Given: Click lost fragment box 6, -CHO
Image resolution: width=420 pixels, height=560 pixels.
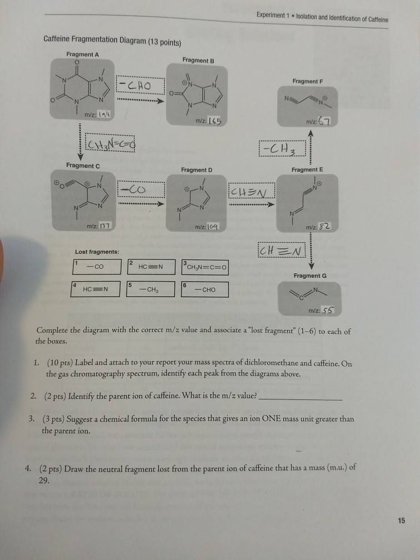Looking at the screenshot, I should point(204,290).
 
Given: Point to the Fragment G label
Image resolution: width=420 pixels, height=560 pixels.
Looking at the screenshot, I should point(307,276).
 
